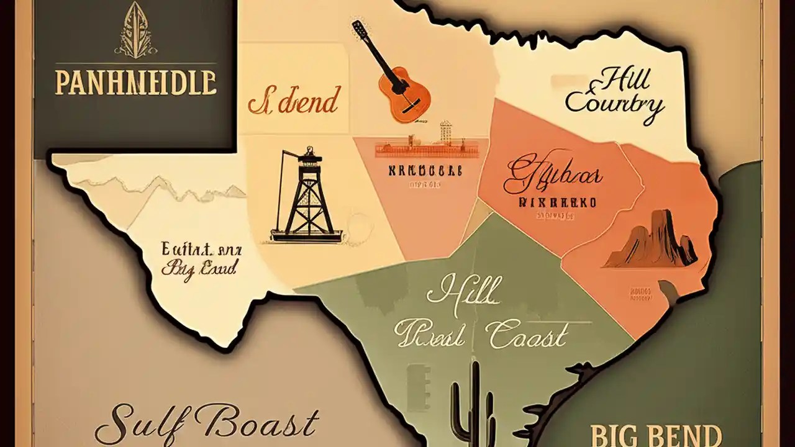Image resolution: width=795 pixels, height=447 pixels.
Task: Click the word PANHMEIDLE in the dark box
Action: tap(135, 83)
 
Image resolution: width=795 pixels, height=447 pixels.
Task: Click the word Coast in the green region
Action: tap(528, 336)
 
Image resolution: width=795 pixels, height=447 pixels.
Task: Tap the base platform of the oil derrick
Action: tap(306, 235)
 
